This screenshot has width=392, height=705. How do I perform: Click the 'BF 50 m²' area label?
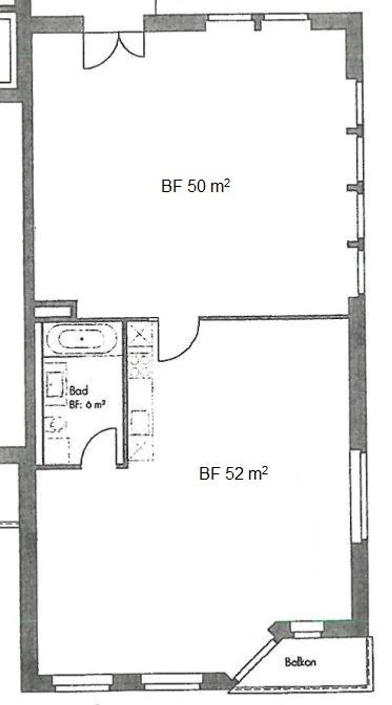pyautogui.click(x=195, y=186)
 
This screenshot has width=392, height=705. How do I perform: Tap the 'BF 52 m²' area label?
pyautogui.click(x=233, y=474)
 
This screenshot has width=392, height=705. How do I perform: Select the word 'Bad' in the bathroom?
pyautogui.click(x=78, y=391)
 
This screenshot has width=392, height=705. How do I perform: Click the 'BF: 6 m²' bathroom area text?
pyautogui.click(x=87, y=404)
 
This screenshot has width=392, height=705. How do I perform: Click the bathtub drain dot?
pyautogui.click(x=81, y=339)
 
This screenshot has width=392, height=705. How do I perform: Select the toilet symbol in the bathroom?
pyautogui.click(x=56, y=425)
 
